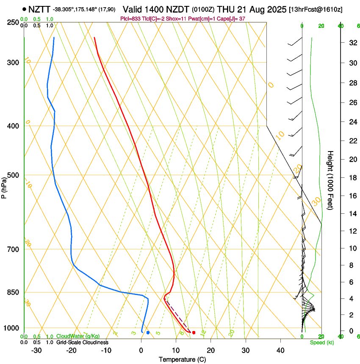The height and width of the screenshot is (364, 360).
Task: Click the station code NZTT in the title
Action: [x=39, y=9]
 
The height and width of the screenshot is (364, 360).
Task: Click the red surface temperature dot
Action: [x=194, y=333]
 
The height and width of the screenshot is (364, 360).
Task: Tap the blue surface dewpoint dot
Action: [x=148, y=333]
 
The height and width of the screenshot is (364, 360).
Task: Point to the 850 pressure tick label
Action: [x=13, y=292]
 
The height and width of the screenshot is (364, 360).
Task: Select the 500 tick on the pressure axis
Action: [x=13, y=175]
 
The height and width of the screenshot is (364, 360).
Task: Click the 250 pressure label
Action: [x=13, y=22]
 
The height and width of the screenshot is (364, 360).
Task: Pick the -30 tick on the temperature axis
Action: [x=36, y=350]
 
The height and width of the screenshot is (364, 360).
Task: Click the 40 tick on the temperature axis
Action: [x=280, y=350]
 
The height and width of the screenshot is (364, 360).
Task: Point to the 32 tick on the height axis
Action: [x=352, y=43]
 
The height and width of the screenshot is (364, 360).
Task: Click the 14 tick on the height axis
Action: [x=352, y=214]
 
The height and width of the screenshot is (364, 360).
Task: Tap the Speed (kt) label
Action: [x=321, y=342]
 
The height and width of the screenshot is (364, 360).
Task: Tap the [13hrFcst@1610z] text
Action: [x=316, y=9]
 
